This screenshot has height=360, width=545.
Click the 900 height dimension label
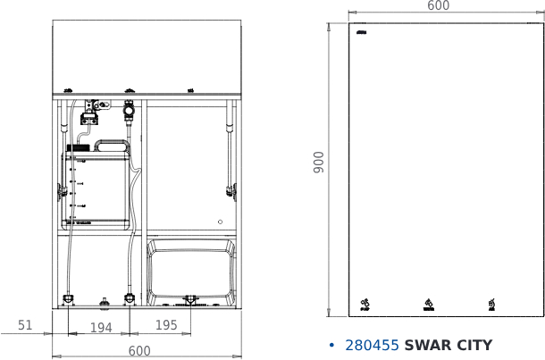(x=319, y=162)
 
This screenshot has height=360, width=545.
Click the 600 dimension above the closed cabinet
(x=439, y=6)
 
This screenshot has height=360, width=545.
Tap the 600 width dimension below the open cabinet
(x=140, y=351)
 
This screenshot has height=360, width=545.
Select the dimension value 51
(x=25, y=326)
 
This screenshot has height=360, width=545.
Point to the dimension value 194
(x=101, y=328)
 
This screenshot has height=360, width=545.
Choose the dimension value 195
(x=167, y=325)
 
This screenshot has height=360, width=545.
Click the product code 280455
(x=372, y=346)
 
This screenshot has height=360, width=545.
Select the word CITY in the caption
(x=474, y=346)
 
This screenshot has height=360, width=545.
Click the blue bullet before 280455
(x=331, y=346)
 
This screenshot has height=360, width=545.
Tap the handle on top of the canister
(x=113, y=145)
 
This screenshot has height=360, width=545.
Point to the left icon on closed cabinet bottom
(x=365, y=306)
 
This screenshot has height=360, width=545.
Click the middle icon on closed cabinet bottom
(x=429, y=306)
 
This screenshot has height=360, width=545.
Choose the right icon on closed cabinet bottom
(x=491, y=306)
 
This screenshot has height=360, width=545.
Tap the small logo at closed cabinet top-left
(x=361, y=33)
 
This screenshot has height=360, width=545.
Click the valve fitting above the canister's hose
(x=130, y=112)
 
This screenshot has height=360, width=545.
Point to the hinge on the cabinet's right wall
(x=232, y=189)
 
